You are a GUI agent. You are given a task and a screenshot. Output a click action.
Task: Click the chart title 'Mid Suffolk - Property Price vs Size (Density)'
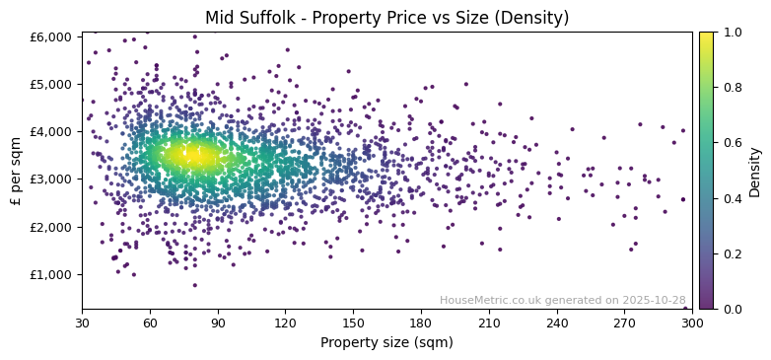point(386,18)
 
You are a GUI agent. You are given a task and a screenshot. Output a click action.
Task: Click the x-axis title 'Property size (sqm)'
point(386,343)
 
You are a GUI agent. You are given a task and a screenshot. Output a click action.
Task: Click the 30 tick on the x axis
point(82,323)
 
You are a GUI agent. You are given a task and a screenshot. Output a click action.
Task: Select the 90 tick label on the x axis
point(218,323)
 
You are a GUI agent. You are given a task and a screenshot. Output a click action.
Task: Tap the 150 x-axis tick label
point(353,323)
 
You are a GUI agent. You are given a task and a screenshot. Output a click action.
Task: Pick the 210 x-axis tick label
point(489,323)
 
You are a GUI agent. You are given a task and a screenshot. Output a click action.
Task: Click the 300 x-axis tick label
point(692,323)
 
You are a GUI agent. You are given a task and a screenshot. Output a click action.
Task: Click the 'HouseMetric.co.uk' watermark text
point(492,300)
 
